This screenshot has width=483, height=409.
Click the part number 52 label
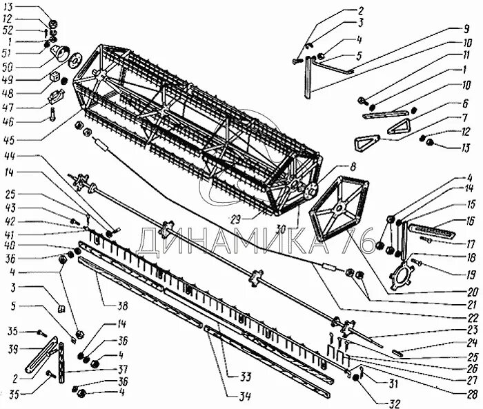(9, 30)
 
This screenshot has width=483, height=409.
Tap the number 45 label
(9, 139)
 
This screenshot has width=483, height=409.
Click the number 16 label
(470, 221)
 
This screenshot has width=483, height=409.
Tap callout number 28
(471, 394)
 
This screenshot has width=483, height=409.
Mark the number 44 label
(9, 157)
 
